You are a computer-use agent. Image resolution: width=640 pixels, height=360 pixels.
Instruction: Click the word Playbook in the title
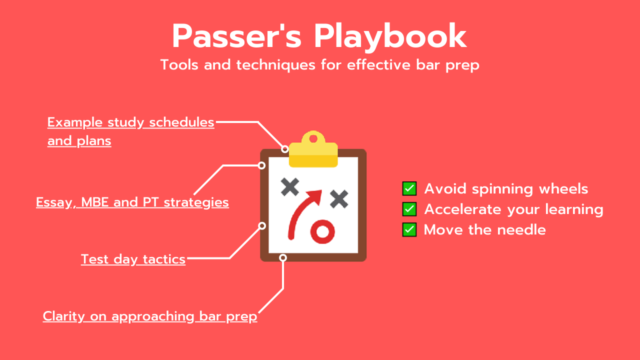coord(390,37)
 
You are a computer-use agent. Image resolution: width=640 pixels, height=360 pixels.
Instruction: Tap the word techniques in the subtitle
coord(275,65)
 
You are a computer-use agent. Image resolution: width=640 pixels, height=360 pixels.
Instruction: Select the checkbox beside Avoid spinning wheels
coord(409,188)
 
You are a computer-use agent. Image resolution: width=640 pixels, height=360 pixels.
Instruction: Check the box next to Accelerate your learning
coord(409,209)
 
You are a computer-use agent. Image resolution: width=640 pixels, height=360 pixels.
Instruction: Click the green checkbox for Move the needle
coord(409,229)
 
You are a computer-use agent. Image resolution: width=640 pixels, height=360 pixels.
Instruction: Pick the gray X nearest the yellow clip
coord(289,187)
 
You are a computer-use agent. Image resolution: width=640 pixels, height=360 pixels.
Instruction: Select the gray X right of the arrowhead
coord(339,199)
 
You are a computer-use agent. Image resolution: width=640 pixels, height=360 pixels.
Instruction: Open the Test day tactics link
coord(133,259)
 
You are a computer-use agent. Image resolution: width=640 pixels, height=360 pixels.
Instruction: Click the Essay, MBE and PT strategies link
coord(132,202)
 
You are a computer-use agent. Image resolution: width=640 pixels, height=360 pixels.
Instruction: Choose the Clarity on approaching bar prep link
coord(150,317)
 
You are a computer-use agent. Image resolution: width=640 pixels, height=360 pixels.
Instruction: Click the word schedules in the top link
coord(181,122)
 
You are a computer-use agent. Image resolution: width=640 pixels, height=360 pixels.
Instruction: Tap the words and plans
coord(79,141)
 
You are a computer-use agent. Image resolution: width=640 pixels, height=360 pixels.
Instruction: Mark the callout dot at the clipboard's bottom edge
coord(283,258)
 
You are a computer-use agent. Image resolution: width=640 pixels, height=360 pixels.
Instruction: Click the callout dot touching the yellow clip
coord(285,149)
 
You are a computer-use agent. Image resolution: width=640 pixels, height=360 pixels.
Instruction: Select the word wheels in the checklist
coord(563,188)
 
